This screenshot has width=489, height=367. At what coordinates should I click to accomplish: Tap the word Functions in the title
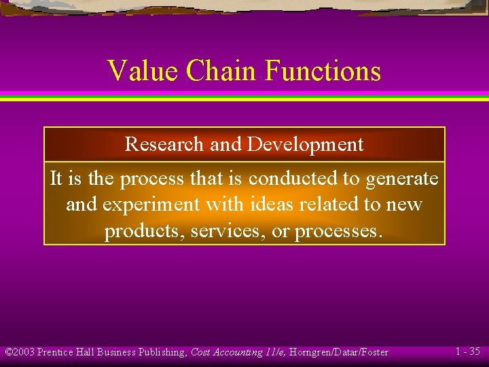pos(323,71)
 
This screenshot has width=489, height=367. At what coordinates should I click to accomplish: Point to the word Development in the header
pos(306,144)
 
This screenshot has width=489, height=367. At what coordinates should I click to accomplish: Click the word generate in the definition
pos(401,179)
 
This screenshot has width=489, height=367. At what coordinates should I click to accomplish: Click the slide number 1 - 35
pos(467,351)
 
